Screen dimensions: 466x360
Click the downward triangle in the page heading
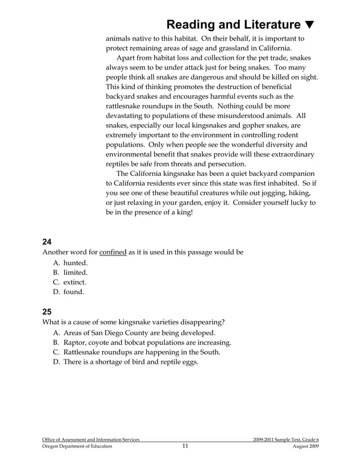(309, 25)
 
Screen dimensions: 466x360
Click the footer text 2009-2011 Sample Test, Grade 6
(286, 438)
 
